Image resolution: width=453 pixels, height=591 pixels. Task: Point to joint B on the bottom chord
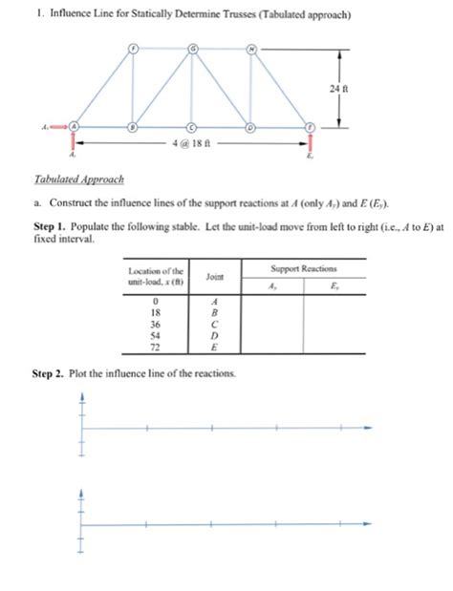pyautogui.click(x=135, y=126)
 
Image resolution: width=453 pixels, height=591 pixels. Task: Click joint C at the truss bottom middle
pyautogui.click(x=193, y=126)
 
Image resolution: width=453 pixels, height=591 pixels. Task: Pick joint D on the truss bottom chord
pyautogui.click(x=251, y=126)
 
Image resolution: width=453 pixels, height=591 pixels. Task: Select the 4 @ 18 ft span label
pyautogui.click(x=190, y=144)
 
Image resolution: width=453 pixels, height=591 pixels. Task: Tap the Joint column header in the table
pyautogui.click(x=214, y=276)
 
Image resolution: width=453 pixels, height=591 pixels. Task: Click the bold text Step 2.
pyautogui.click(x=47, y=373)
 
